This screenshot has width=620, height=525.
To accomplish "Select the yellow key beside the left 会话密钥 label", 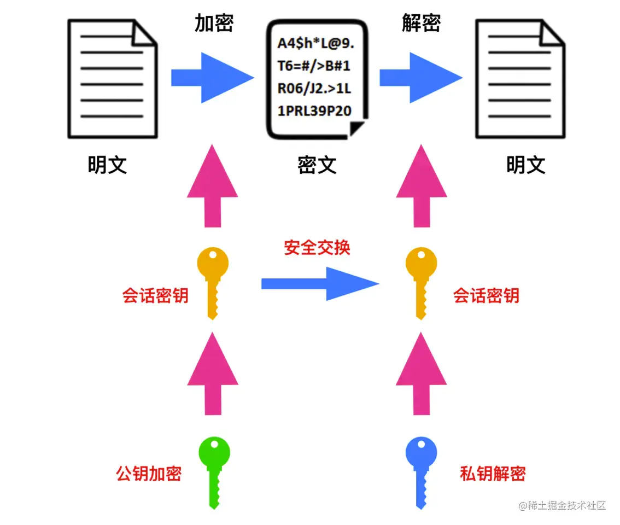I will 213,282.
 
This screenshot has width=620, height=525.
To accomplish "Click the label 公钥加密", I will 149,473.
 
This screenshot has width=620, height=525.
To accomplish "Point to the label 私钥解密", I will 493,473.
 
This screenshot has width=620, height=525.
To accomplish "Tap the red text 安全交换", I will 317,248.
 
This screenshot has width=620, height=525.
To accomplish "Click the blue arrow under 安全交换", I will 320,283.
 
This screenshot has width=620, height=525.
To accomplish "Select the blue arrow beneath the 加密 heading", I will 212,78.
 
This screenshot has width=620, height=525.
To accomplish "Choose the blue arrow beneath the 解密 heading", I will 420,78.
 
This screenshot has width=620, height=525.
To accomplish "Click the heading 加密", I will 214,23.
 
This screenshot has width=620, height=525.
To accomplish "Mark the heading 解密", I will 421,23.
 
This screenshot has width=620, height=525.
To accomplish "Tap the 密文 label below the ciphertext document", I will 317,164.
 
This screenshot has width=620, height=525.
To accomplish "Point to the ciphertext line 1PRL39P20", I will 314,111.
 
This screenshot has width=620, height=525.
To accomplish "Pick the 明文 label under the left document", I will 108,164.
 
